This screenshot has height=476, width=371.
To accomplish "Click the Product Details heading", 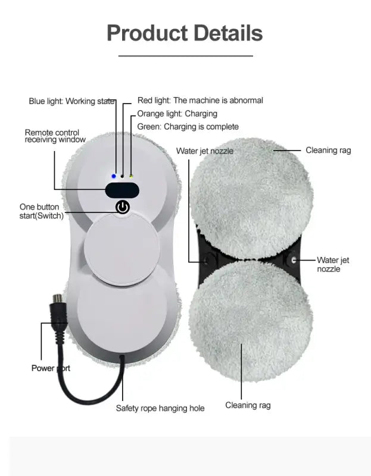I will click(x=185, y=33).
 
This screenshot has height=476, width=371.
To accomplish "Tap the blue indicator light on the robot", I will click(x=113, y=176).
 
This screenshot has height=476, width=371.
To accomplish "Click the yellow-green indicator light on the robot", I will click(x=130, y=176).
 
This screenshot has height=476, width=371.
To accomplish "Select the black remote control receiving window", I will click(x=122, y=190).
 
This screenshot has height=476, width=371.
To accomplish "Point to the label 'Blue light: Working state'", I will click(x=71, y=101).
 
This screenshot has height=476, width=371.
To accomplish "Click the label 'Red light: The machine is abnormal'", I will click(x=200, y=101).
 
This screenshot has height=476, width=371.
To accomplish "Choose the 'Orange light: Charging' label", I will click(x=177, y=114).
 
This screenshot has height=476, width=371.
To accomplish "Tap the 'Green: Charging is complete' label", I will click(x=188, y=127).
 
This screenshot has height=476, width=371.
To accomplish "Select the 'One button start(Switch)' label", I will click(x=41, y=211).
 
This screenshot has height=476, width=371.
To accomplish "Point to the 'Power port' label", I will click(x=51, y=368).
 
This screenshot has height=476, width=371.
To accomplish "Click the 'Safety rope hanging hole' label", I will click(x=160, y=408).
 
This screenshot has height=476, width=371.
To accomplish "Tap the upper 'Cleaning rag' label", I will click(x=328, y=150).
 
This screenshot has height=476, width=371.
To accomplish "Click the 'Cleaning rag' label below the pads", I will click(x=248, y=405).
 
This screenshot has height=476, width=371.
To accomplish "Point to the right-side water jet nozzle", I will click(x=292, y=260).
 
